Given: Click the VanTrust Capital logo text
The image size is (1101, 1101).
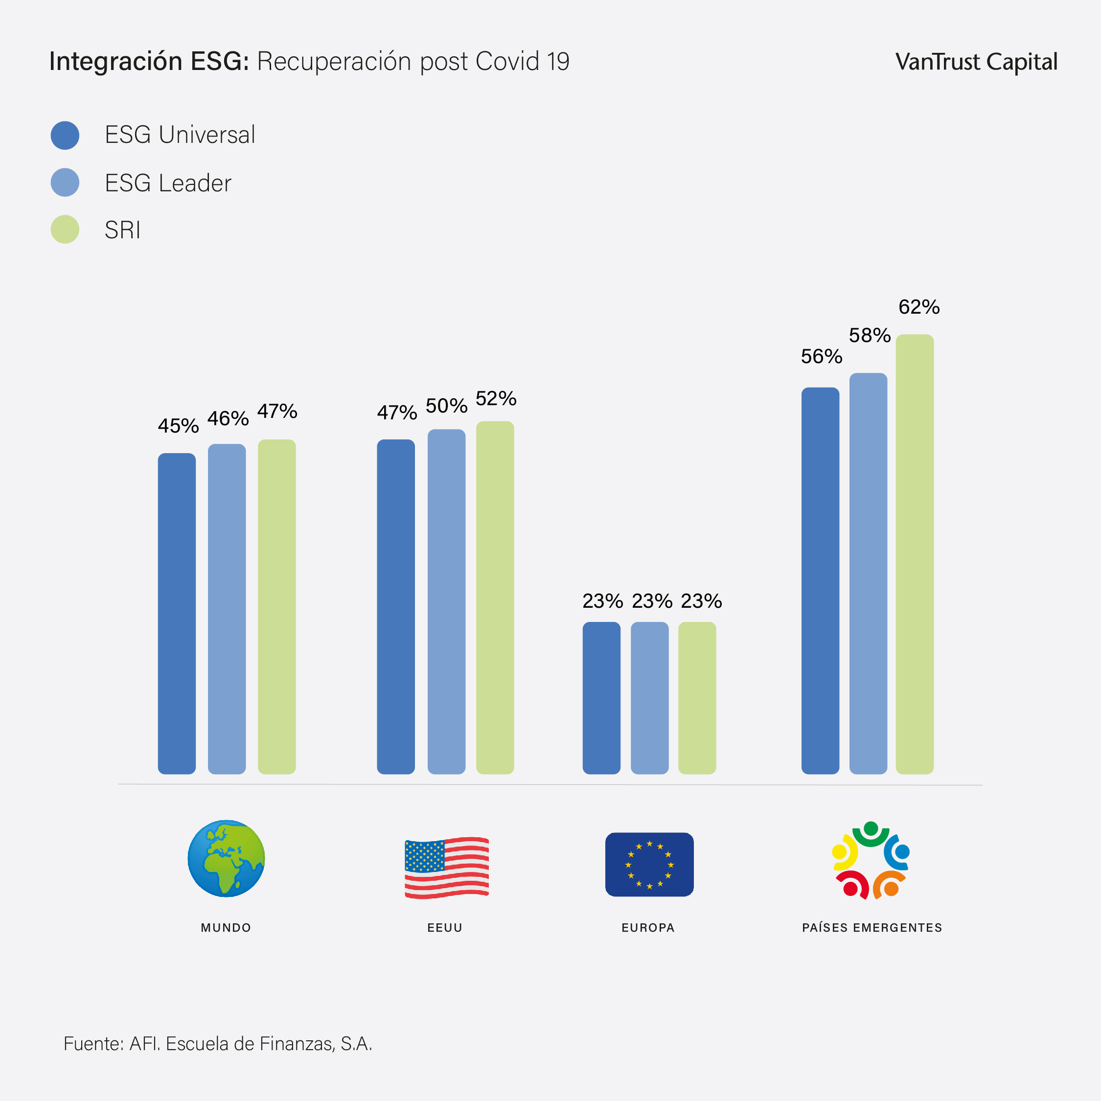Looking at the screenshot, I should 976,62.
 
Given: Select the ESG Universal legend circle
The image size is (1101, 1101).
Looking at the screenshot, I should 65,136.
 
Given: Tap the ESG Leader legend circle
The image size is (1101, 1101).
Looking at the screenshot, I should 65,183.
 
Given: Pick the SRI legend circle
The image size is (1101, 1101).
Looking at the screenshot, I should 65,229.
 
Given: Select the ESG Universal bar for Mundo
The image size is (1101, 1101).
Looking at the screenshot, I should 177,613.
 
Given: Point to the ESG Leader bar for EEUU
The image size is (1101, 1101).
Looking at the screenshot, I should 446,601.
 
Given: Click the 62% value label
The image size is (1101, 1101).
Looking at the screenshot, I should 918,307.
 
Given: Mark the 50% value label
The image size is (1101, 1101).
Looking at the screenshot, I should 446,406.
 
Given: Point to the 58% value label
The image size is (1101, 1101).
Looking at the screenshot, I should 870,335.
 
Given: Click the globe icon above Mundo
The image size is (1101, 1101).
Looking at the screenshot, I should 226,858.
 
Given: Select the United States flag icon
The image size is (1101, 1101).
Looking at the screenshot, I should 446,868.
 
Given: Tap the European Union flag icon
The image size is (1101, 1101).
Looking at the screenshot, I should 649,865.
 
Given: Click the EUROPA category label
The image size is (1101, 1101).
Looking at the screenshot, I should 648,928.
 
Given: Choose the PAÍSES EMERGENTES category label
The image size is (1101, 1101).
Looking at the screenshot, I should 872,928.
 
